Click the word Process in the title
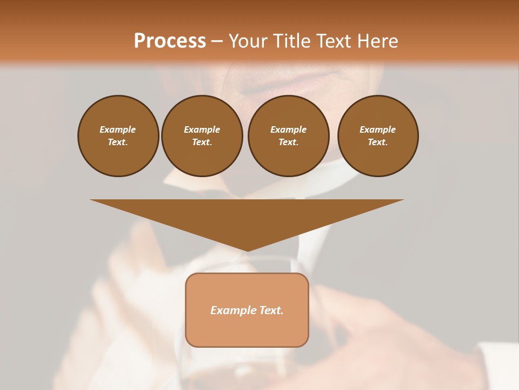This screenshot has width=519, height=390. pyautogui.click(x=170, y=41)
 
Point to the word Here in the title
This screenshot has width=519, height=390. pyautogui.click(x=378, y=41)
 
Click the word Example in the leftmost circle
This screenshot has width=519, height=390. pyautogui.click(x=118, y=129)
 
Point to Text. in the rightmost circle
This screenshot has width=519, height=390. pyautogui.click(x=378, y=142)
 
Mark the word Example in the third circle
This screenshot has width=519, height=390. pyautogui.click(x=288, y=129)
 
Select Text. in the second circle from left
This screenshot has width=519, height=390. pyautogui.click(x=202, y=142)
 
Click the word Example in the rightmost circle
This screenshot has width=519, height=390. pyautogui.click(x=378, y=129)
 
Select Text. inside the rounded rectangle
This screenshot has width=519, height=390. pyautogui.click(x=270, y=310)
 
